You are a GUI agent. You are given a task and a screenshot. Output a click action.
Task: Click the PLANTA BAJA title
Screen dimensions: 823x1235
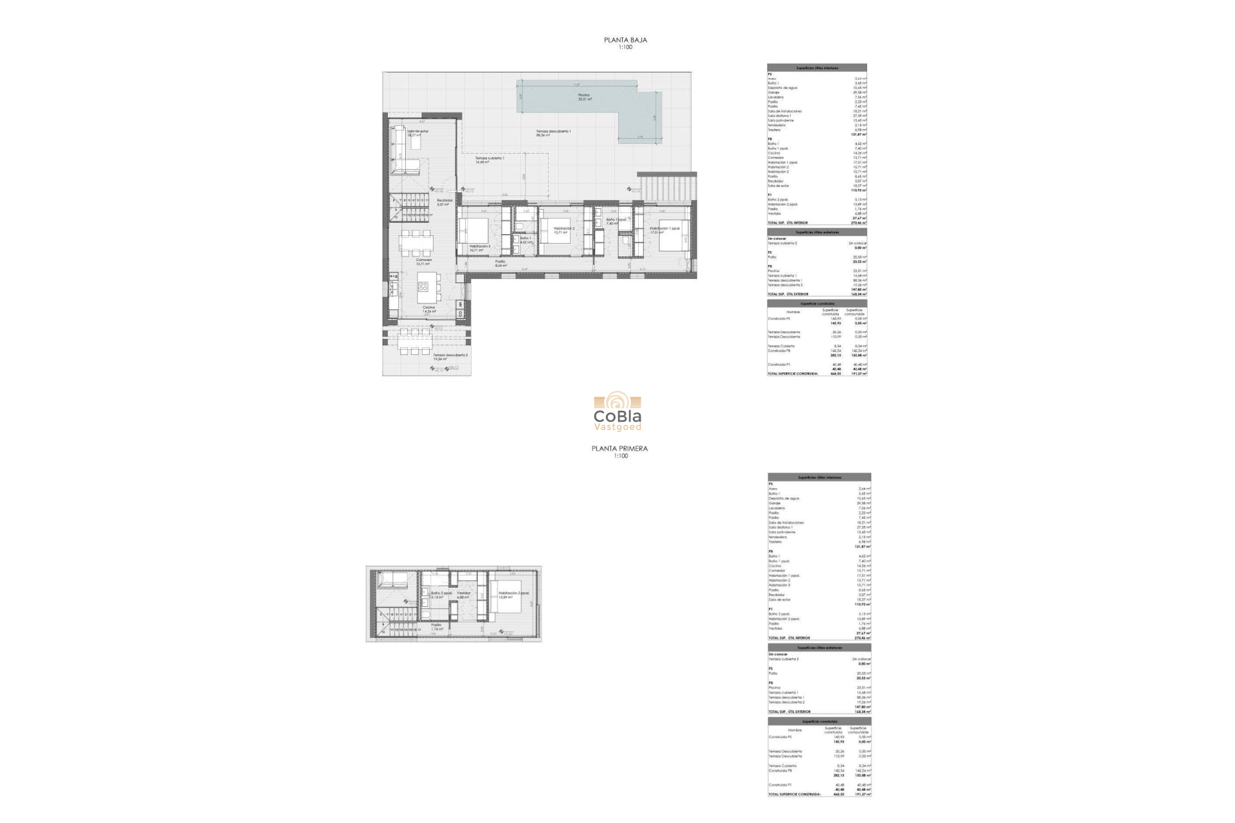pyautogui.click(x=625, y=40)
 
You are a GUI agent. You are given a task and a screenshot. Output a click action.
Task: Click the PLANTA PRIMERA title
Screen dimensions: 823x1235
pyautogui.click(x=619, y=449)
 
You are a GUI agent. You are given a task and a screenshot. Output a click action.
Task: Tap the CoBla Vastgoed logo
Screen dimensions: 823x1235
pyautogui.click(x=617, y=412)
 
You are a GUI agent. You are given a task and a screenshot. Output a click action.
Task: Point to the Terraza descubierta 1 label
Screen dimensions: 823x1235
pyautogui.click(x=553, y=132)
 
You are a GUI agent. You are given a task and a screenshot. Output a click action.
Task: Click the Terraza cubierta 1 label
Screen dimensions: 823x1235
pyautogui.click(x=489, y=158)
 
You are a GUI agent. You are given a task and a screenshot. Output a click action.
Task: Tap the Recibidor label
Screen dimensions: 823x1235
pyautogui.click(x=444, y=201)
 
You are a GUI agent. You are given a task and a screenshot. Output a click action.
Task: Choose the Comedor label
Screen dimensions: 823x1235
pyautogui.click(x=423, y=260)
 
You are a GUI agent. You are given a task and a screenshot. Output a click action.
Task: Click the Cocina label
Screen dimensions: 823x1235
pyautogui.click(x=428, y=307)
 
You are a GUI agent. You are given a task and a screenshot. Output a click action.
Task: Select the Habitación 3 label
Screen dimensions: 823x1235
pyautogui.click(x=479, y=246)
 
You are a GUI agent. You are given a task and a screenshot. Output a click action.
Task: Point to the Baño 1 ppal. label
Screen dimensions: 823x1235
pyautogui.click(x=611, y=220)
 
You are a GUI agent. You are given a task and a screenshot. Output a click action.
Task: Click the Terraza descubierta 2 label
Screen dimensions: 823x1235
pyautogui.click(x=450, y=355)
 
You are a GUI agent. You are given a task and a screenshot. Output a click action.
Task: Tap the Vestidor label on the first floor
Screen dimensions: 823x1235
pyautogui.click(x=464, y=593)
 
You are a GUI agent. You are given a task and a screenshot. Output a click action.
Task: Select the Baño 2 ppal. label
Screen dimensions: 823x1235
pyautogui.click(x=441, y=593)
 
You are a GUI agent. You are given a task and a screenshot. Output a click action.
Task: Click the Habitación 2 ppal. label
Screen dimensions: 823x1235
pyautogui.click(x=513, y=593)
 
